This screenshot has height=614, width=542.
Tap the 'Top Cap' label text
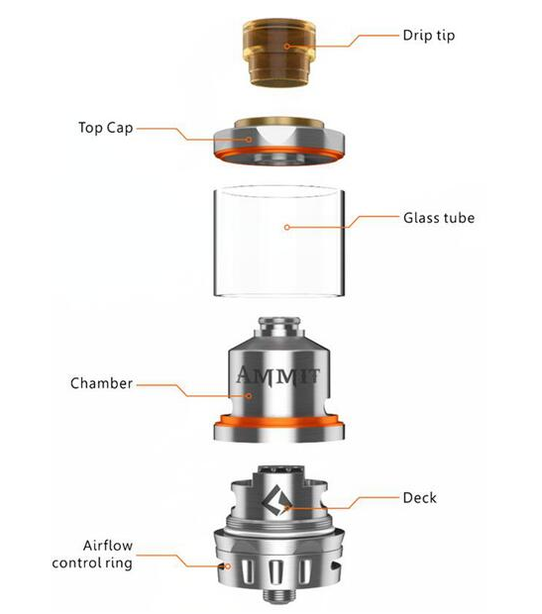tap(106, 128)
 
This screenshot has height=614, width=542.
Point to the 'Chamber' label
tap(101, 382)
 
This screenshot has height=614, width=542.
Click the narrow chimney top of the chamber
tap(279, 331)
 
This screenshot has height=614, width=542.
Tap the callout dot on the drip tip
tap(288, 47)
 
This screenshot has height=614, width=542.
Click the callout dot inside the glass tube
tap(287, 227)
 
